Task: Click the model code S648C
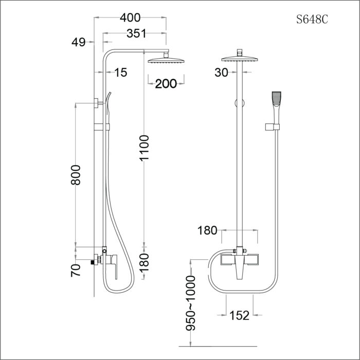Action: coord(312,20)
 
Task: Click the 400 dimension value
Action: coord(130,17)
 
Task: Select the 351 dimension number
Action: coord(136,33)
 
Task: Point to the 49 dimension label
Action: coord(79,43)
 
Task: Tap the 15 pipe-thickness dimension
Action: coord(120,73)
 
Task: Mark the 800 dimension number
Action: coord(76,178)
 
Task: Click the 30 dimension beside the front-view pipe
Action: coord(221,73)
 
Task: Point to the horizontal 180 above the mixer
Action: coord(208,230)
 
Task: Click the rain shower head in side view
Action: coord(166,60)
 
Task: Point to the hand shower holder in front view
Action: coord(273,127)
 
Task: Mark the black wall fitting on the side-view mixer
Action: coord(94,262)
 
